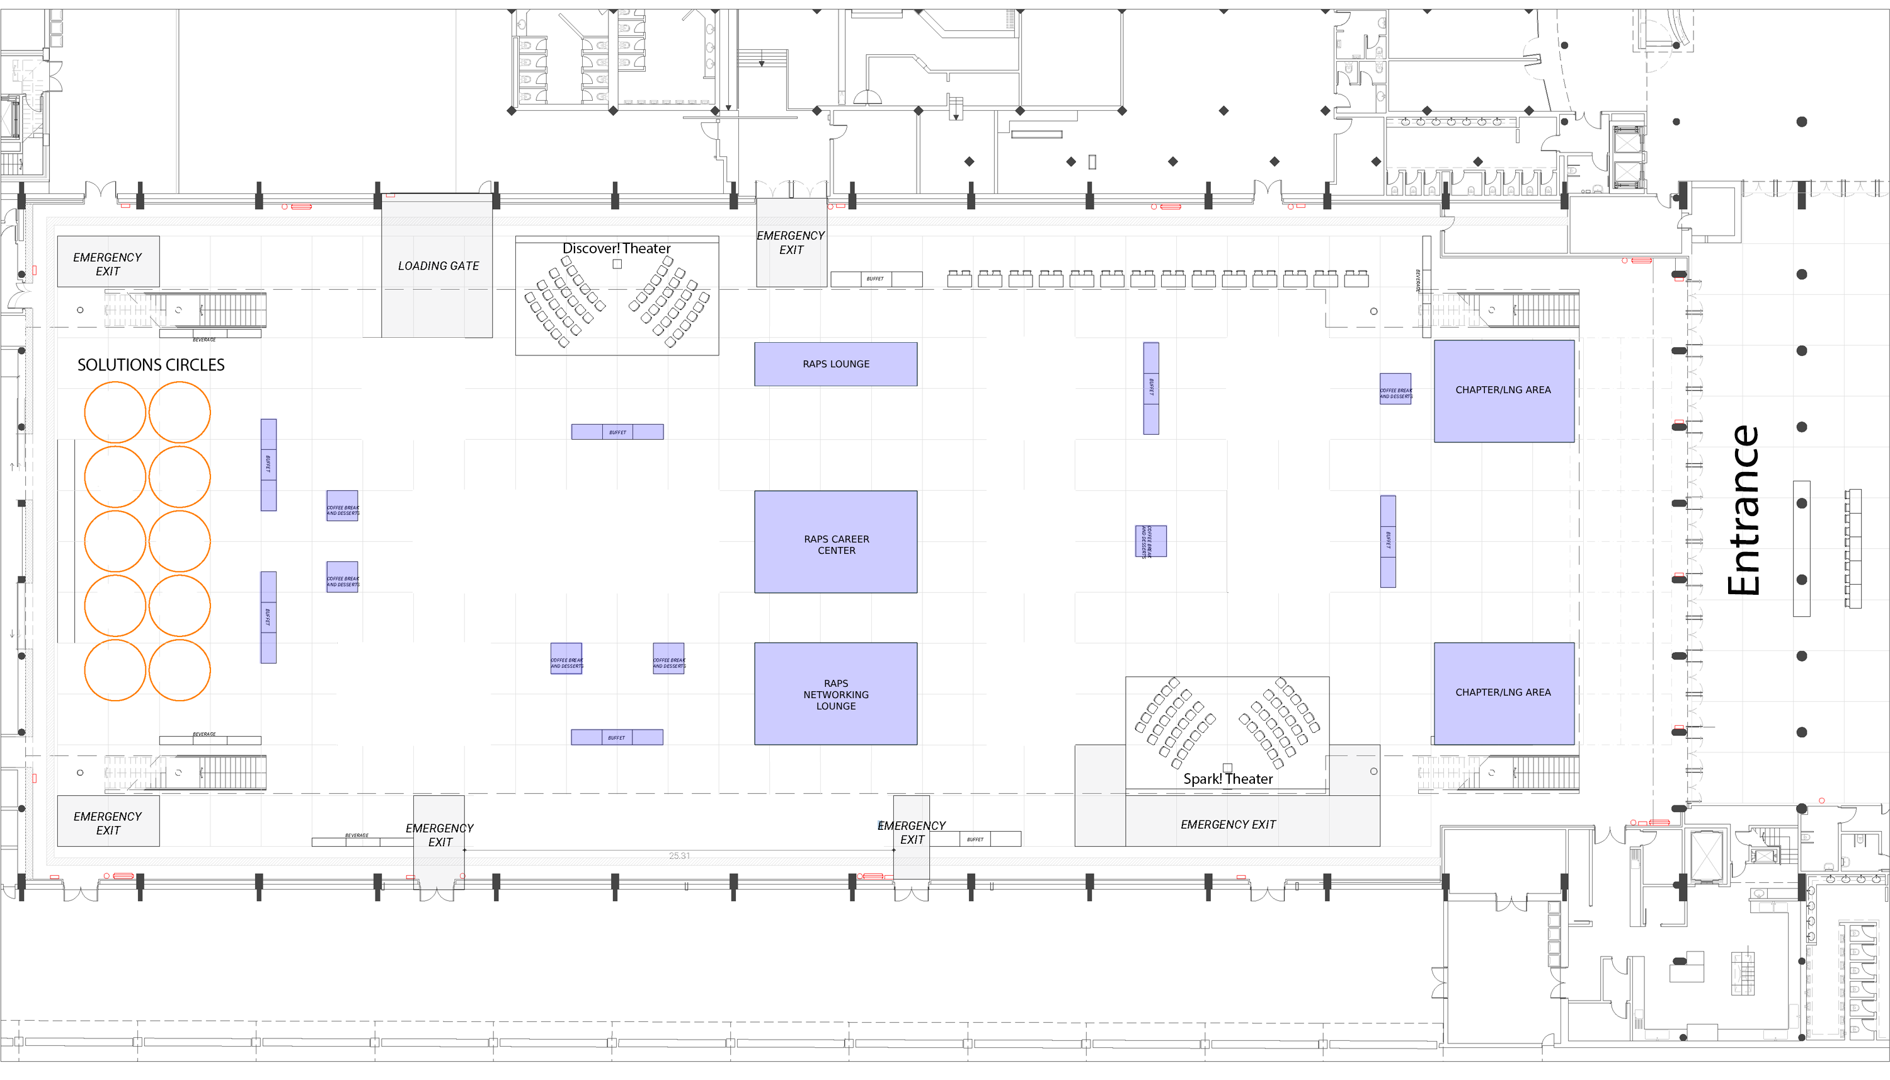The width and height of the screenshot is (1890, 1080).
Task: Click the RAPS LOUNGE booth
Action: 835,364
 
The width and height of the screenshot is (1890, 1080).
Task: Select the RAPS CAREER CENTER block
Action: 835,543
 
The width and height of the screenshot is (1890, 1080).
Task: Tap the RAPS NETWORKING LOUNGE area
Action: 835,694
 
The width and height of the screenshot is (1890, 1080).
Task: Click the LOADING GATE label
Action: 438,265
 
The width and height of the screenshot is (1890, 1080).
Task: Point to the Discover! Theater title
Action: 616,248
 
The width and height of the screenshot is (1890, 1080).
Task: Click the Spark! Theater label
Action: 1228,779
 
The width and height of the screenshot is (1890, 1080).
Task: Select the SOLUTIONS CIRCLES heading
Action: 151,365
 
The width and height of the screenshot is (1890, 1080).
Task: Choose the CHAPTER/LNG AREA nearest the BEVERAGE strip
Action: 1504,391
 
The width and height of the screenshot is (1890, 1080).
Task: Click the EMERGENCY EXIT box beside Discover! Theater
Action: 791,243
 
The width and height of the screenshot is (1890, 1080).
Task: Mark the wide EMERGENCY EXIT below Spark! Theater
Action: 1228,824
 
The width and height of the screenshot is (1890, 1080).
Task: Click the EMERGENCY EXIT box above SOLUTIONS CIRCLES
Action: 108,263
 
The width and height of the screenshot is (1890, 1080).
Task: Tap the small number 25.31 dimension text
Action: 679,856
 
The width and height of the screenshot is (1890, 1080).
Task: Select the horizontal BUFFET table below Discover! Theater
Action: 617,432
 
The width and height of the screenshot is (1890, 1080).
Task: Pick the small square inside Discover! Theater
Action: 617,264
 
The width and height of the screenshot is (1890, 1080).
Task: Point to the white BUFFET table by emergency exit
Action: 876,279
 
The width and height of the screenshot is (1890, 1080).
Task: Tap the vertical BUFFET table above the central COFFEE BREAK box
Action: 1151,388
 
